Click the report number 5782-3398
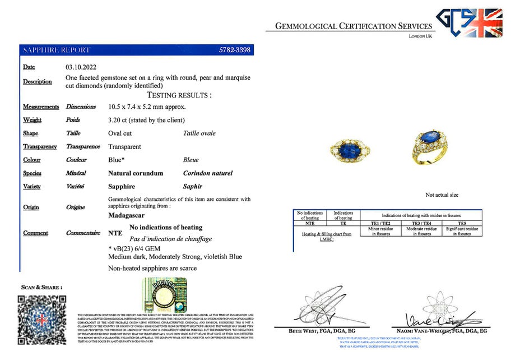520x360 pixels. (x=234, y=50)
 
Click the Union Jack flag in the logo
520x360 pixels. (x=485, y=23)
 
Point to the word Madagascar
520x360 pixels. (x=126, y=215)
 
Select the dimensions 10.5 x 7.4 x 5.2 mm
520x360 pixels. (x=147, y=107)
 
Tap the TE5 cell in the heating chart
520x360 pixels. (x=461, y=223)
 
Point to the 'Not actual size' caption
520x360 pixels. (x=442, y=195)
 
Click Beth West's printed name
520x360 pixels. (x=314, y=331)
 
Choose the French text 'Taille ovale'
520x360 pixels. (x=199, y=133)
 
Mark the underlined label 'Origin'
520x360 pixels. (x=31, y=207)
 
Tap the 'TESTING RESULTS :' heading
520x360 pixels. (x=179, y=95)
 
